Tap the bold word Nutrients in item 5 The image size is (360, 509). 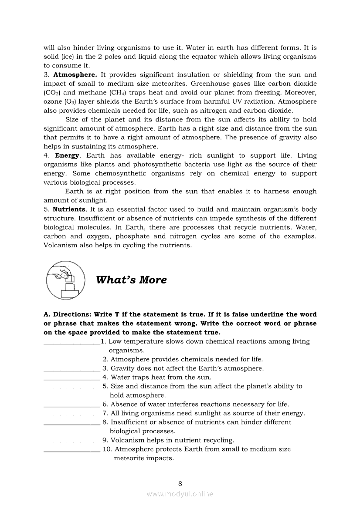coord(69,209)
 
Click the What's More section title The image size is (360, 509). coord(131,280)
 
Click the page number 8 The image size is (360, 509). coord(180,483)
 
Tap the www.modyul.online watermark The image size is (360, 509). coord(180,494)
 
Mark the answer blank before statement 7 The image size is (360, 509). coord(72,414)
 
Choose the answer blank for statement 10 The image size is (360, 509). coord(72,449)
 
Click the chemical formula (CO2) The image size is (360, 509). coord(52,93)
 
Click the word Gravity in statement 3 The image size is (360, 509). coord(123,368)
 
